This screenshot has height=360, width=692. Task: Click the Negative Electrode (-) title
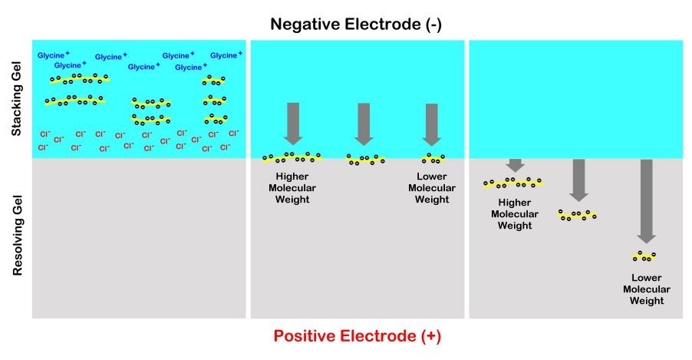tap(356, 25)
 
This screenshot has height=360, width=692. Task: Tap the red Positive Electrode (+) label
tap(358, 336)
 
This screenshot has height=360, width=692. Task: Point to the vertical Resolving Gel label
tap(17, 237)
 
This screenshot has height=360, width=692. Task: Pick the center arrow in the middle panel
tap(364, 124)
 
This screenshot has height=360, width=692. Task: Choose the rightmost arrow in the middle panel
tap(431, 124)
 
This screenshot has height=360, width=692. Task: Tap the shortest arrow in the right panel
tap(515, 165)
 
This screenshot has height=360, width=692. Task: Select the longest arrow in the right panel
tap(646, 200)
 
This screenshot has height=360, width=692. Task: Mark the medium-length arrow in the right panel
tap(578, 180)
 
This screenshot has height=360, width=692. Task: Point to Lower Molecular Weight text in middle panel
tap(428, 188)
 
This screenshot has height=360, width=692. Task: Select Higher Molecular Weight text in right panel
tap(515, 214)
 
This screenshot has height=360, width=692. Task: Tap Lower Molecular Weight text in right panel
tap(646, 289)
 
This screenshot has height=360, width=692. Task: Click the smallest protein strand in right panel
tap(644, 256)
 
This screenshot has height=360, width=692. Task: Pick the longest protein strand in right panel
tap(514, 183)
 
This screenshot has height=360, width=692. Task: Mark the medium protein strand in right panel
tap(578, 215)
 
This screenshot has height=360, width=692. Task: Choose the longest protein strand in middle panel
tap(292, 158)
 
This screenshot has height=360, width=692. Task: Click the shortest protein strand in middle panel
tap(433, 159)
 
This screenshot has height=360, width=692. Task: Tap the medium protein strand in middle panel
tap(366, 160)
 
